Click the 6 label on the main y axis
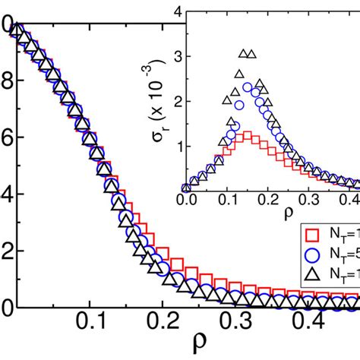(5, 138)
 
